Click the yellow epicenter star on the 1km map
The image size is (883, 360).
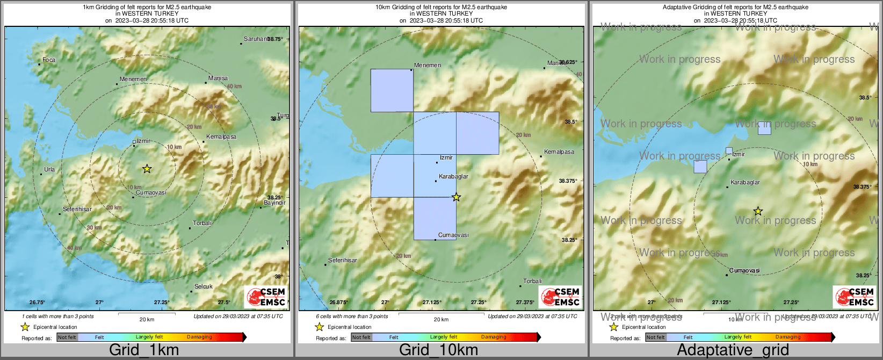147,169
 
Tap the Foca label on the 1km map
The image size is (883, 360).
49,60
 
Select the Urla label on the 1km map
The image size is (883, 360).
49,169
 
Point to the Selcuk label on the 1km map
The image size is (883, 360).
204,287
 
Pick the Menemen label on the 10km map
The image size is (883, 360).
428,66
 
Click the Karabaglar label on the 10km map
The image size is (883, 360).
453,177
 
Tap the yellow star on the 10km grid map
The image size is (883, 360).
456,197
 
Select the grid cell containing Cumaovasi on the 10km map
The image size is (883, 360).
435,218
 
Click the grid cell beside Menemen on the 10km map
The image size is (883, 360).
392,90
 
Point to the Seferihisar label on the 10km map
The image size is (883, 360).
343,261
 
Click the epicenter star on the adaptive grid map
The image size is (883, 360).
757,211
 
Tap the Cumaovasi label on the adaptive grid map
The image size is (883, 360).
745,271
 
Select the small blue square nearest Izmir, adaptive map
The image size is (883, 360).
729,151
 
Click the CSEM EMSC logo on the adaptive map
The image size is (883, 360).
855,297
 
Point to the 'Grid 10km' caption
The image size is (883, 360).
438,350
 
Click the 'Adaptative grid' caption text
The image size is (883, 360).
733,350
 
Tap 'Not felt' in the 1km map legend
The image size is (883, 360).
67,337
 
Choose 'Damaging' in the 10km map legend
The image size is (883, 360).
494,337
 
